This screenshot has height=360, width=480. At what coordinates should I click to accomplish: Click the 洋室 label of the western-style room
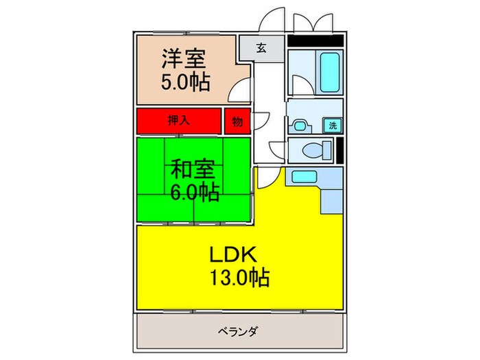point(184,58)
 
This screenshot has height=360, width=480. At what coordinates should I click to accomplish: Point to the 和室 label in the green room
point(193,168)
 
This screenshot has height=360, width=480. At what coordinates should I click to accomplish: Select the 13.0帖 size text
point(237,278)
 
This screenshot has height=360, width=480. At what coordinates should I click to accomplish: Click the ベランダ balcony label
point(238,332)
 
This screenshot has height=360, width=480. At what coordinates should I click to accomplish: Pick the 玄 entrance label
point(261,48)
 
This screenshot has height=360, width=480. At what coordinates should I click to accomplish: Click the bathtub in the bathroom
point(330,73)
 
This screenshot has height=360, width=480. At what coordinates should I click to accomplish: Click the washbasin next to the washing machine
point(300,125)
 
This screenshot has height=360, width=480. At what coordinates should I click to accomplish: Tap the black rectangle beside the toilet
point(340,150)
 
